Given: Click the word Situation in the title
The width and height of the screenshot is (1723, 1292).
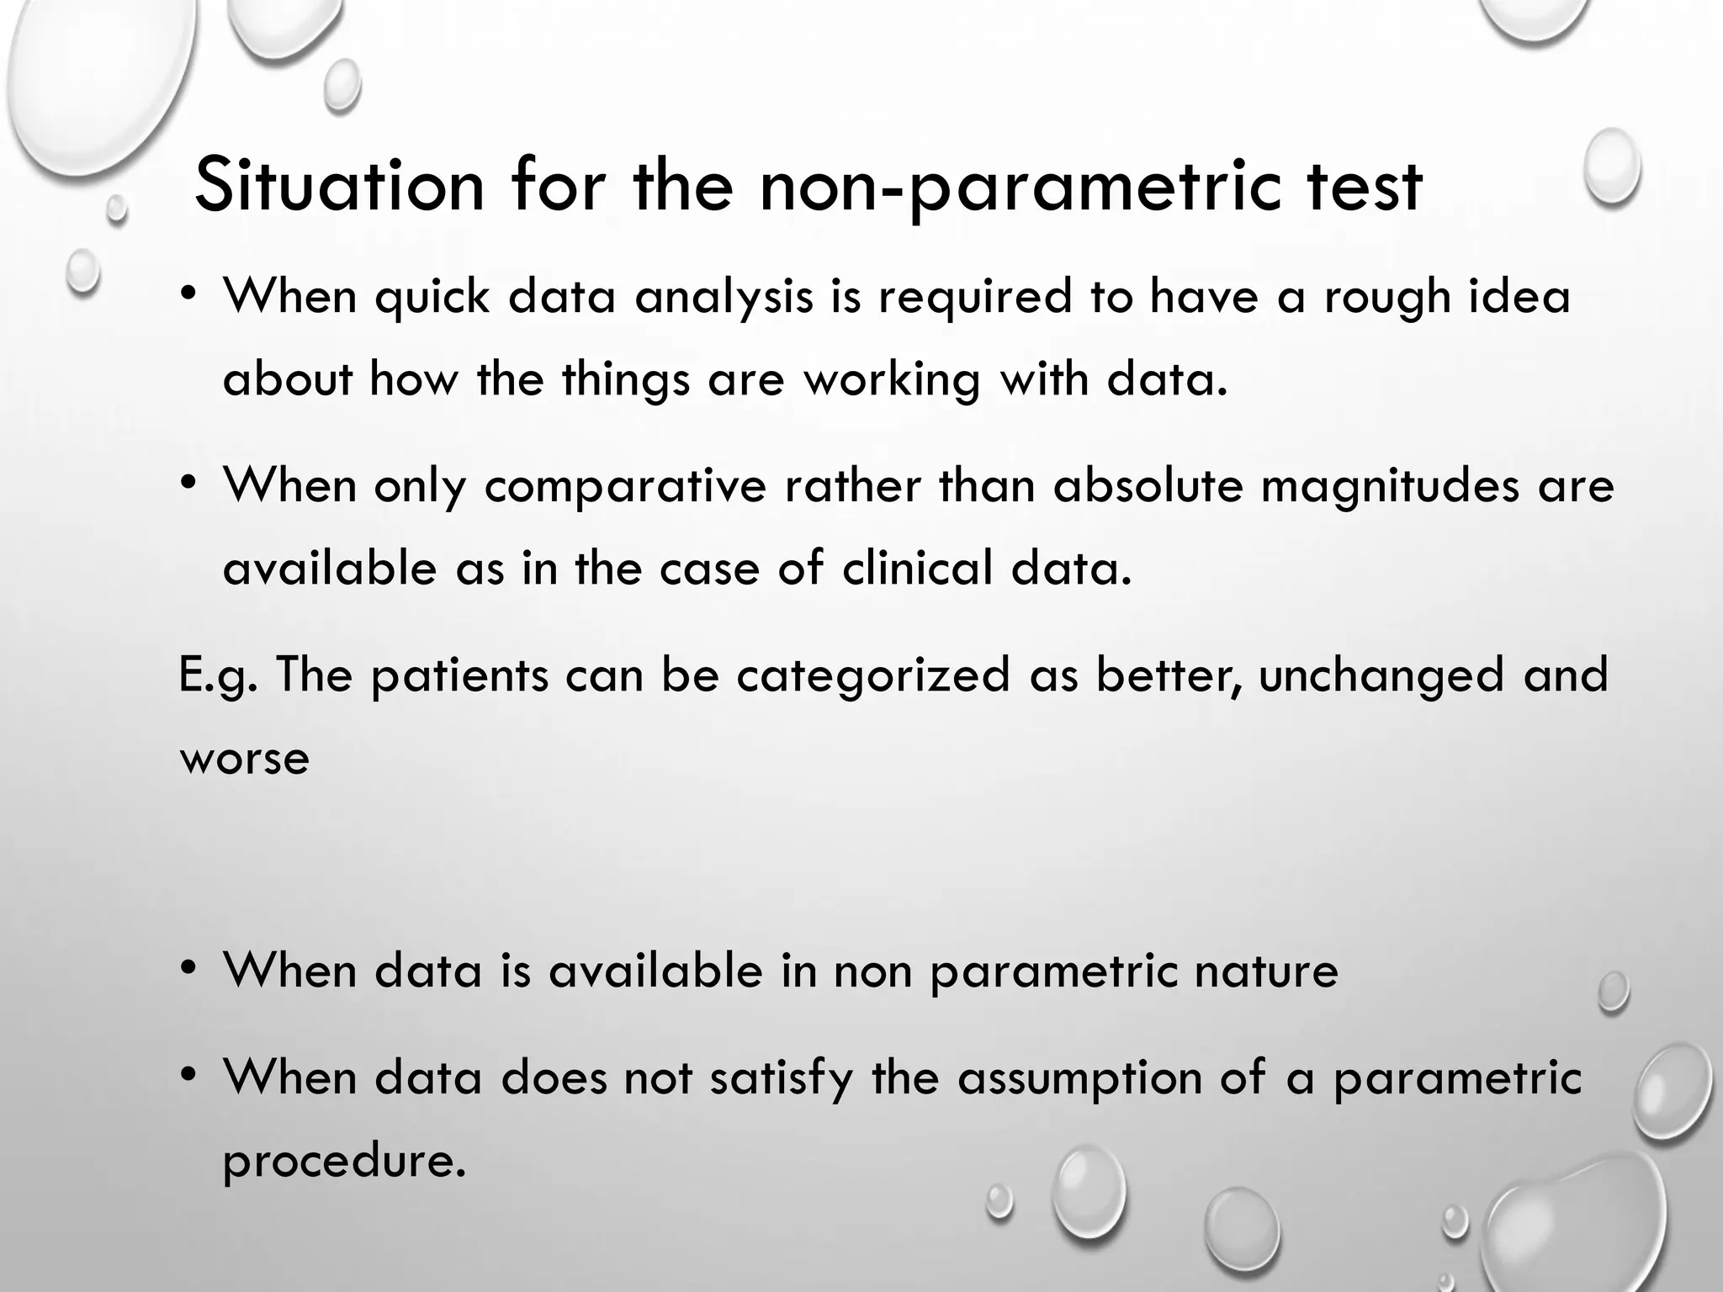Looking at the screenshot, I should point(339,187).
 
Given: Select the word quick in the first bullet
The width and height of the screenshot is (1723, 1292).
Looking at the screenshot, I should point(432,299).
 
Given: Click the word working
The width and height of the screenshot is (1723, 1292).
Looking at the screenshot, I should point(893,380).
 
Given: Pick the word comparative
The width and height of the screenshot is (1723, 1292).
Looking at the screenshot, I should point(625,488).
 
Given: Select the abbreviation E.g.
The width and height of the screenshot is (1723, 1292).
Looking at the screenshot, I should point(218,677).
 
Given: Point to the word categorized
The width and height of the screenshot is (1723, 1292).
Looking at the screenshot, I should point(873,677).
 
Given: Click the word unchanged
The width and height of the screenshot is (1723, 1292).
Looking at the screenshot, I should point(1381,677).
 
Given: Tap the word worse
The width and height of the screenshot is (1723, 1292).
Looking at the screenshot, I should point(245,760).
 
